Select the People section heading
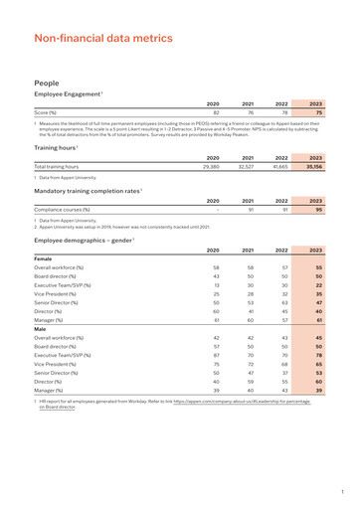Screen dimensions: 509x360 pyautogui.click(x=47, y=84)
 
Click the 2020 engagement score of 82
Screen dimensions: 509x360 pyautogui.click(x=215, y=112)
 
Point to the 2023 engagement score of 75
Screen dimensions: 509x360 pyautogui.click(x=318, y=112)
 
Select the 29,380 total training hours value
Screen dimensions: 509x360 pyautogui.click(x=211, y=166)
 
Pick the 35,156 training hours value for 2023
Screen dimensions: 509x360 pyautogui.click(x=315, y=166)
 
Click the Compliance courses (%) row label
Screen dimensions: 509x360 pyautogui.click(x=62, y=210)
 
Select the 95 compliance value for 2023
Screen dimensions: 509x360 pyautogui.click(x=318, y=210)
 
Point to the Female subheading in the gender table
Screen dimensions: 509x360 pyautogui.click(x=44, y=258)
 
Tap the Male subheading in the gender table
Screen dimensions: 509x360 pyautogui.click(x=41, y=328)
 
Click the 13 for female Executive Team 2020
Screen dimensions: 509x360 pyautogui.click(x=216, y=285)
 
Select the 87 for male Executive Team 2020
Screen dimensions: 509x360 pyautogui.click(x=216, y=355)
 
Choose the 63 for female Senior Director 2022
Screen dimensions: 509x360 pyautogui.click(x=284, y=303)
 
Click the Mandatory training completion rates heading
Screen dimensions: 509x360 pyautogui.click(x=87, y=189)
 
